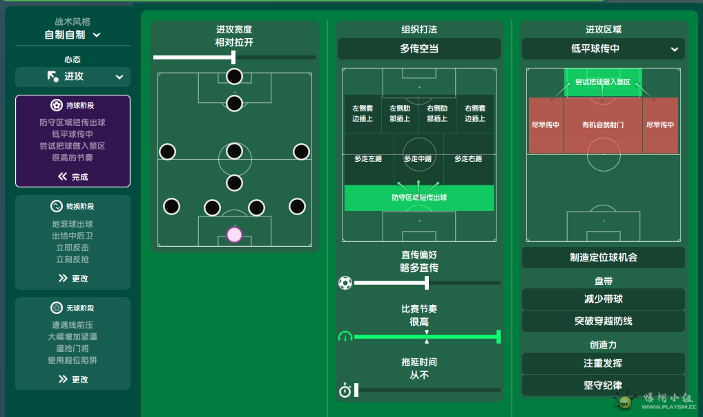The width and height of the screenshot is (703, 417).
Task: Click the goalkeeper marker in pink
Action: [x=234, y=234]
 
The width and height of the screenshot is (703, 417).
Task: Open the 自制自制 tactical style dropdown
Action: [x=73, y=35]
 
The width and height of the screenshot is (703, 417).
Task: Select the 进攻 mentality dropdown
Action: [x=73, y=77]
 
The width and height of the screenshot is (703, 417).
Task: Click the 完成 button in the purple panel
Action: [x=73, y=176]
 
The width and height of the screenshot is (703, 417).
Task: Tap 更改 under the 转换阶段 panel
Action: [x=73, y=278]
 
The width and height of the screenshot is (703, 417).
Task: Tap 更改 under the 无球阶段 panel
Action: [x=73, y=379]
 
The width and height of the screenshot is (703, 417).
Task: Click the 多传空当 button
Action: [x=418, y=49]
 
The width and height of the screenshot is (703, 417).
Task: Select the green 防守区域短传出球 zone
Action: [x=418, y=198]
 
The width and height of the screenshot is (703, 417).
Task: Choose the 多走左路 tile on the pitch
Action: [x=368, y=159]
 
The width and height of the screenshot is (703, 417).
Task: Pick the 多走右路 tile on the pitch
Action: [x=468, y=159]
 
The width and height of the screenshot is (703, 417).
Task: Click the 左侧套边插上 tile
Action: [x=362, y=113]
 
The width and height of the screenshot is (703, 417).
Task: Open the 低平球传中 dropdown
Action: [x=603, y=49]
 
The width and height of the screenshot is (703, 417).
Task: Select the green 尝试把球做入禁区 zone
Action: [x=603, y=82]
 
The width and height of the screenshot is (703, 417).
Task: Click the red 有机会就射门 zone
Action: [x=603, y=125]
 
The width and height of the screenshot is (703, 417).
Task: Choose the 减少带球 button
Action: [x=603, y=299]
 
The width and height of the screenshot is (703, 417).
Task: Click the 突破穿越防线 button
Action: [x=603, y=322]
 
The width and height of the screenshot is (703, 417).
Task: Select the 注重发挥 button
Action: [x=603, y=363]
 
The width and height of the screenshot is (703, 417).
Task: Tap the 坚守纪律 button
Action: [x=603, y=385]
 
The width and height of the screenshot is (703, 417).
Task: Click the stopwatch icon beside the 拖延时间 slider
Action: [x=345, y=391]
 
